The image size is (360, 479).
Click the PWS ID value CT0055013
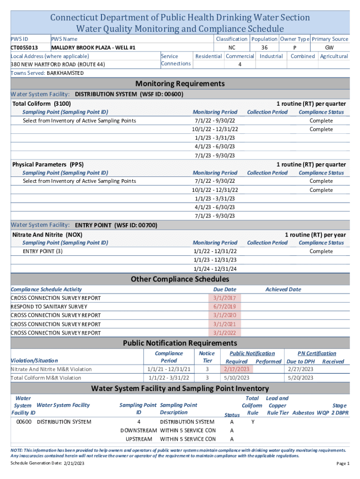[x=24, y=48]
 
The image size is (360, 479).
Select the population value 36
[x=264, y=48]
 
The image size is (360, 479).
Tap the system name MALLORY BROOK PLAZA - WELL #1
[x=93, y=48]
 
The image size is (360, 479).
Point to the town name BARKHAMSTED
[x=65, y=73]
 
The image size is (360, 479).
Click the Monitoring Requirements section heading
[x=180, y=84]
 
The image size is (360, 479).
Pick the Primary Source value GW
[x=330, y=48]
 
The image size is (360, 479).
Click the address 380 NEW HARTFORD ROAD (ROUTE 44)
[x=58, y=64]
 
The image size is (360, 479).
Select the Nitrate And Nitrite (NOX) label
[x=47, y=234]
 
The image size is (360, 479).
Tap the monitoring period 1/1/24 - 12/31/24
[x=215, y=269]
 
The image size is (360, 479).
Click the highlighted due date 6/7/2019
[x=225, y=307]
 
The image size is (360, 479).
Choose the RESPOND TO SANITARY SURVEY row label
[x=49, y=307]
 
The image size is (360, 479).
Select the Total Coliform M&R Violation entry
[x=46, y=378]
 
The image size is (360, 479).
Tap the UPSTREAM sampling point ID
[x=139, y=439]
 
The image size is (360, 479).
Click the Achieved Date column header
[x=283, y=290]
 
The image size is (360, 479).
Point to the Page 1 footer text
[x=343, y=463]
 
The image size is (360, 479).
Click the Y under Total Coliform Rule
[x=253, y=422]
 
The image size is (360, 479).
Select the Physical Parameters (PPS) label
[x=48, y=165]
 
